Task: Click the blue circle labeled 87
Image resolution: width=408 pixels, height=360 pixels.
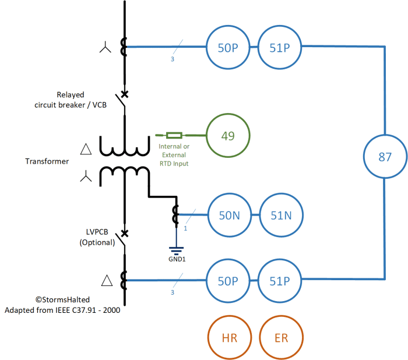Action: (385, 157)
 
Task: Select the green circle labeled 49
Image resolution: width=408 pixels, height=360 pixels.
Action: (228, 136)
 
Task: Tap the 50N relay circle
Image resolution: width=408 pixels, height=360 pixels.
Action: (228, 216)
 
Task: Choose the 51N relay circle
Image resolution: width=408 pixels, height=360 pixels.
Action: (281, 216)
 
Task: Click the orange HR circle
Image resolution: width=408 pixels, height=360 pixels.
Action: (228, 337)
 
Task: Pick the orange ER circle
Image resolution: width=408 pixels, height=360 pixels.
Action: (281, 337)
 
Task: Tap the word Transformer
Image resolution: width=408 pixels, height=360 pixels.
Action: (47, 161)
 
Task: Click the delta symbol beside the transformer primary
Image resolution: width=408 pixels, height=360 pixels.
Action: (86, 149)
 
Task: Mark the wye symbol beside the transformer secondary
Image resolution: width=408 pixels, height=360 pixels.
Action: (86, 175)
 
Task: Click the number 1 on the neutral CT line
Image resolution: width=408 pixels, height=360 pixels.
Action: (185, 228)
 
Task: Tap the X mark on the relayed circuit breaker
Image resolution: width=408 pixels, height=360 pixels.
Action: (124, 94)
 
